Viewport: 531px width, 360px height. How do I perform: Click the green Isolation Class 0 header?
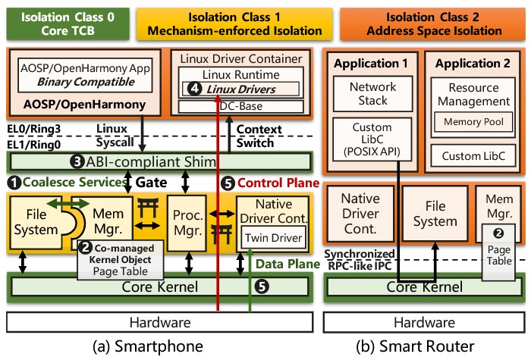coord(68,23)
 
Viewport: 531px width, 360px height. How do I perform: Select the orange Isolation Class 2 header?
coord(433,23)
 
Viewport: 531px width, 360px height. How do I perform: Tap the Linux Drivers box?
coord(240,89)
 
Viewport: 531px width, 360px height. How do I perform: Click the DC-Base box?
coord(240,106)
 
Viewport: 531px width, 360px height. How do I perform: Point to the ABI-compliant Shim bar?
coord(160,161)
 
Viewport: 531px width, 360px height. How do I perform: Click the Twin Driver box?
coord(273,238)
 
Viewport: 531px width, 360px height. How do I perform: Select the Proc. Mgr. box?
coord(187,224)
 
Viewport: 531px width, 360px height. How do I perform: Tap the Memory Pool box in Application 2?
coord(473,122)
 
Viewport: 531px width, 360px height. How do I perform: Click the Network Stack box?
coord(372,94)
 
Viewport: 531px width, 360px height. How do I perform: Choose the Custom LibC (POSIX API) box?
coord(372,139)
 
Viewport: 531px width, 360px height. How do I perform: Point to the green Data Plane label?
coord(287,264)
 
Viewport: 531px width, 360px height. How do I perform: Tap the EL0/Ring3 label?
coord(34,129)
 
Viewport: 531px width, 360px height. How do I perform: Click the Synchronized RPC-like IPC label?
coord(360,259)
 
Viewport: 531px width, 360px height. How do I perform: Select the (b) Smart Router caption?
coord(415,346)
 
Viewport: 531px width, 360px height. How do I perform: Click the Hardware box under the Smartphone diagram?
coord(160,322)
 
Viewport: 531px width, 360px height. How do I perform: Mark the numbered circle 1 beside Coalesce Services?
coord(14,183)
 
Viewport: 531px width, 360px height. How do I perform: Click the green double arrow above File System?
coord(68,204)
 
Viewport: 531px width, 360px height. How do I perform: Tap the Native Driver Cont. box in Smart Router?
coord(360,214)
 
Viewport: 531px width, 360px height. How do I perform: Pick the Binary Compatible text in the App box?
coord(86,82)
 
